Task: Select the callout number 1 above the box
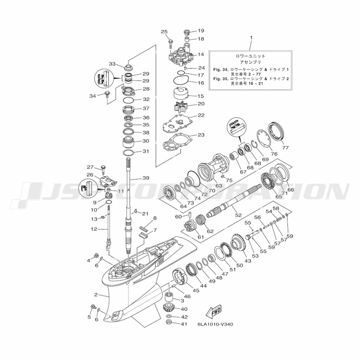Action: [251, 37]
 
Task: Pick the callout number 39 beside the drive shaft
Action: [145, 178]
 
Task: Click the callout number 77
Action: [285, 148]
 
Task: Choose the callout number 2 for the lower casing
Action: [96, 295]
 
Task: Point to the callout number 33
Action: [112, 64]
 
